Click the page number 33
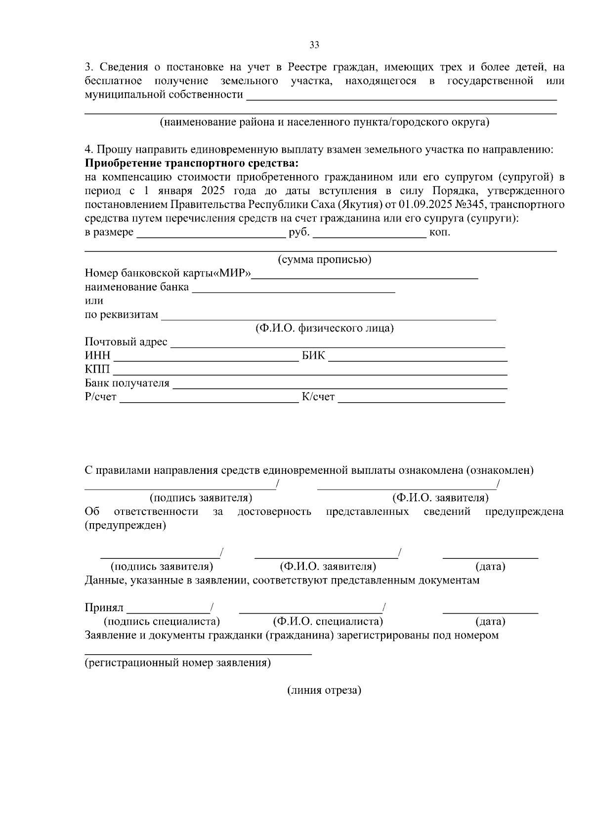314,45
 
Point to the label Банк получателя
127,383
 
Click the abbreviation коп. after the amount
440,232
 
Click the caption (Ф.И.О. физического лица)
324,329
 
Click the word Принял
104,608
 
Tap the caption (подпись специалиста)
162,622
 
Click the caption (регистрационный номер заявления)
177,663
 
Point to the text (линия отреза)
324,691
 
